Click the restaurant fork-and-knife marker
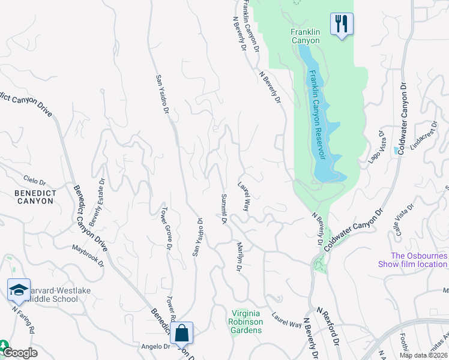coord(342,25)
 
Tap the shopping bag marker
coord(181,332)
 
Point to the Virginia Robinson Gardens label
coord(247,321)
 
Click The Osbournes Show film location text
coord(412,260)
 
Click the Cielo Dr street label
coord(35,179)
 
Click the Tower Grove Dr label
coord(166,228)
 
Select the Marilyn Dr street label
coord(239,257)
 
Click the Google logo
coord(20,353)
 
